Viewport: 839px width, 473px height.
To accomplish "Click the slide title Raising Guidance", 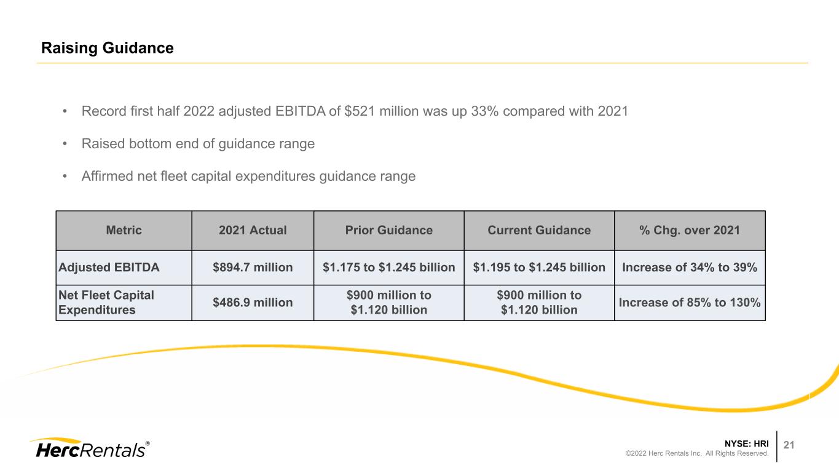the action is point(107,48).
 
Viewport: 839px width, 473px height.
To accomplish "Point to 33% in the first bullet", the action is point(485,111).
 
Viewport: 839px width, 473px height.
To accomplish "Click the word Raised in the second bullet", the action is point(103,143).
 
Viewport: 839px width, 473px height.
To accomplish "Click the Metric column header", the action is point(124,230).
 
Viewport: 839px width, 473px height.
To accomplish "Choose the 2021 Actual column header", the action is point(253,230).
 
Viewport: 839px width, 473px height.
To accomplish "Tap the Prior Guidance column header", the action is point(389,230).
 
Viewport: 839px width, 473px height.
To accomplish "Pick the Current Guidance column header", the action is point(539,230).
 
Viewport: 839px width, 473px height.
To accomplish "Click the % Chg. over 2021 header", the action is point(690,230).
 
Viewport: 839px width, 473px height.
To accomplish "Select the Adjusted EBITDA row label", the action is point(109,267).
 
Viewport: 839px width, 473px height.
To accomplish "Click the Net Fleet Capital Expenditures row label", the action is point(106,303).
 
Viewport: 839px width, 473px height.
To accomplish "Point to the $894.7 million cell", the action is point(253,267).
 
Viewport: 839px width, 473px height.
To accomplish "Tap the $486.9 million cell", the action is point(253,303).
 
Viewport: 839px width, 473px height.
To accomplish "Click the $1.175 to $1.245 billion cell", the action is point(389,267).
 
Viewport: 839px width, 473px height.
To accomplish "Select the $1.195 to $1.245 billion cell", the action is point(539,267).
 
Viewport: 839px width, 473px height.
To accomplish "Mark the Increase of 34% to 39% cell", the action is point(690,267).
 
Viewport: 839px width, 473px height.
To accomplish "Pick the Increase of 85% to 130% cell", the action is point(690,303).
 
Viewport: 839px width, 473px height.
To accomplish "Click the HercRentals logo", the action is point(90,448).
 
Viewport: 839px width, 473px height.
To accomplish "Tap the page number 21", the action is point(789,445).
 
